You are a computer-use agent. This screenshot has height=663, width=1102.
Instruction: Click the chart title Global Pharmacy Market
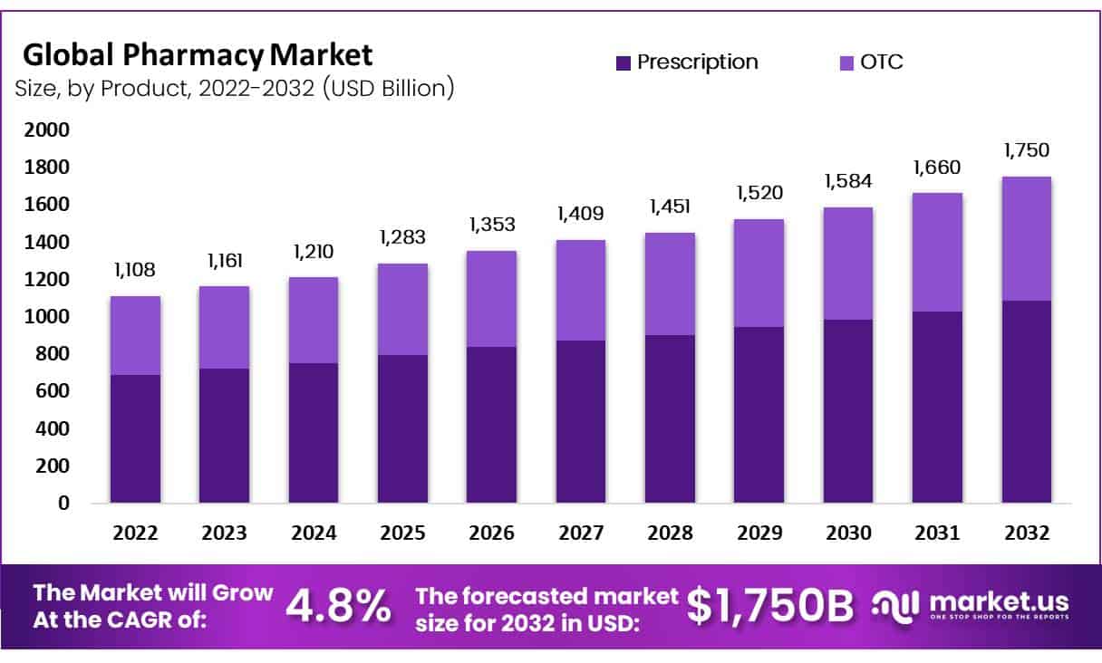(198, 55)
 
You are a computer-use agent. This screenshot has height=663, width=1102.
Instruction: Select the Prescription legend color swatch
(623, 62)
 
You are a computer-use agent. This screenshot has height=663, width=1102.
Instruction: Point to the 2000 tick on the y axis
(44, 130)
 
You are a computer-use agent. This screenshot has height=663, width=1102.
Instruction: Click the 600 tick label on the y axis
(50, 391)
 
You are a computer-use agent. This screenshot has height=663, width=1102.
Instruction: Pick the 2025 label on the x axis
(402, 533)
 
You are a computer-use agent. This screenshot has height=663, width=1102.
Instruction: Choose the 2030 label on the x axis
(848, 533)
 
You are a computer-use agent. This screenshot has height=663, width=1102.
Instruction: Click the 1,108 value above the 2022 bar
(135, 271)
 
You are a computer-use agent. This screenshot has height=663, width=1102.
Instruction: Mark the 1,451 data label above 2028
(670, 207)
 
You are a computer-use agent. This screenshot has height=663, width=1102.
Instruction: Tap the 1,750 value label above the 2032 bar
(1027, 150)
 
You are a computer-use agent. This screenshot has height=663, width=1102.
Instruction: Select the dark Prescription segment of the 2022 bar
(135, 438)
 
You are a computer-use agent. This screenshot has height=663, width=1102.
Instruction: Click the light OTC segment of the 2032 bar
(1027, 238)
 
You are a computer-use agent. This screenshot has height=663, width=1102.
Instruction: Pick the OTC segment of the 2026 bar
(491, 299)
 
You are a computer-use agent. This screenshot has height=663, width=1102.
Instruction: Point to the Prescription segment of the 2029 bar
(759, 415)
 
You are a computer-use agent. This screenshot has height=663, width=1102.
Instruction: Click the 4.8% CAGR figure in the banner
(339, 607)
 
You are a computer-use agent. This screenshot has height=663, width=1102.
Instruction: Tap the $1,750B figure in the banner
(769, 607)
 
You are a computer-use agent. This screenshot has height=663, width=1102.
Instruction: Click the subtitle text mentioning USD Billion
(234, 89)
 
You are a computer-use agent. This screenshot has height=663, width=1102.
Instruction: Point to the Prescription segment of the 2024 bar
(314, 433)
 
